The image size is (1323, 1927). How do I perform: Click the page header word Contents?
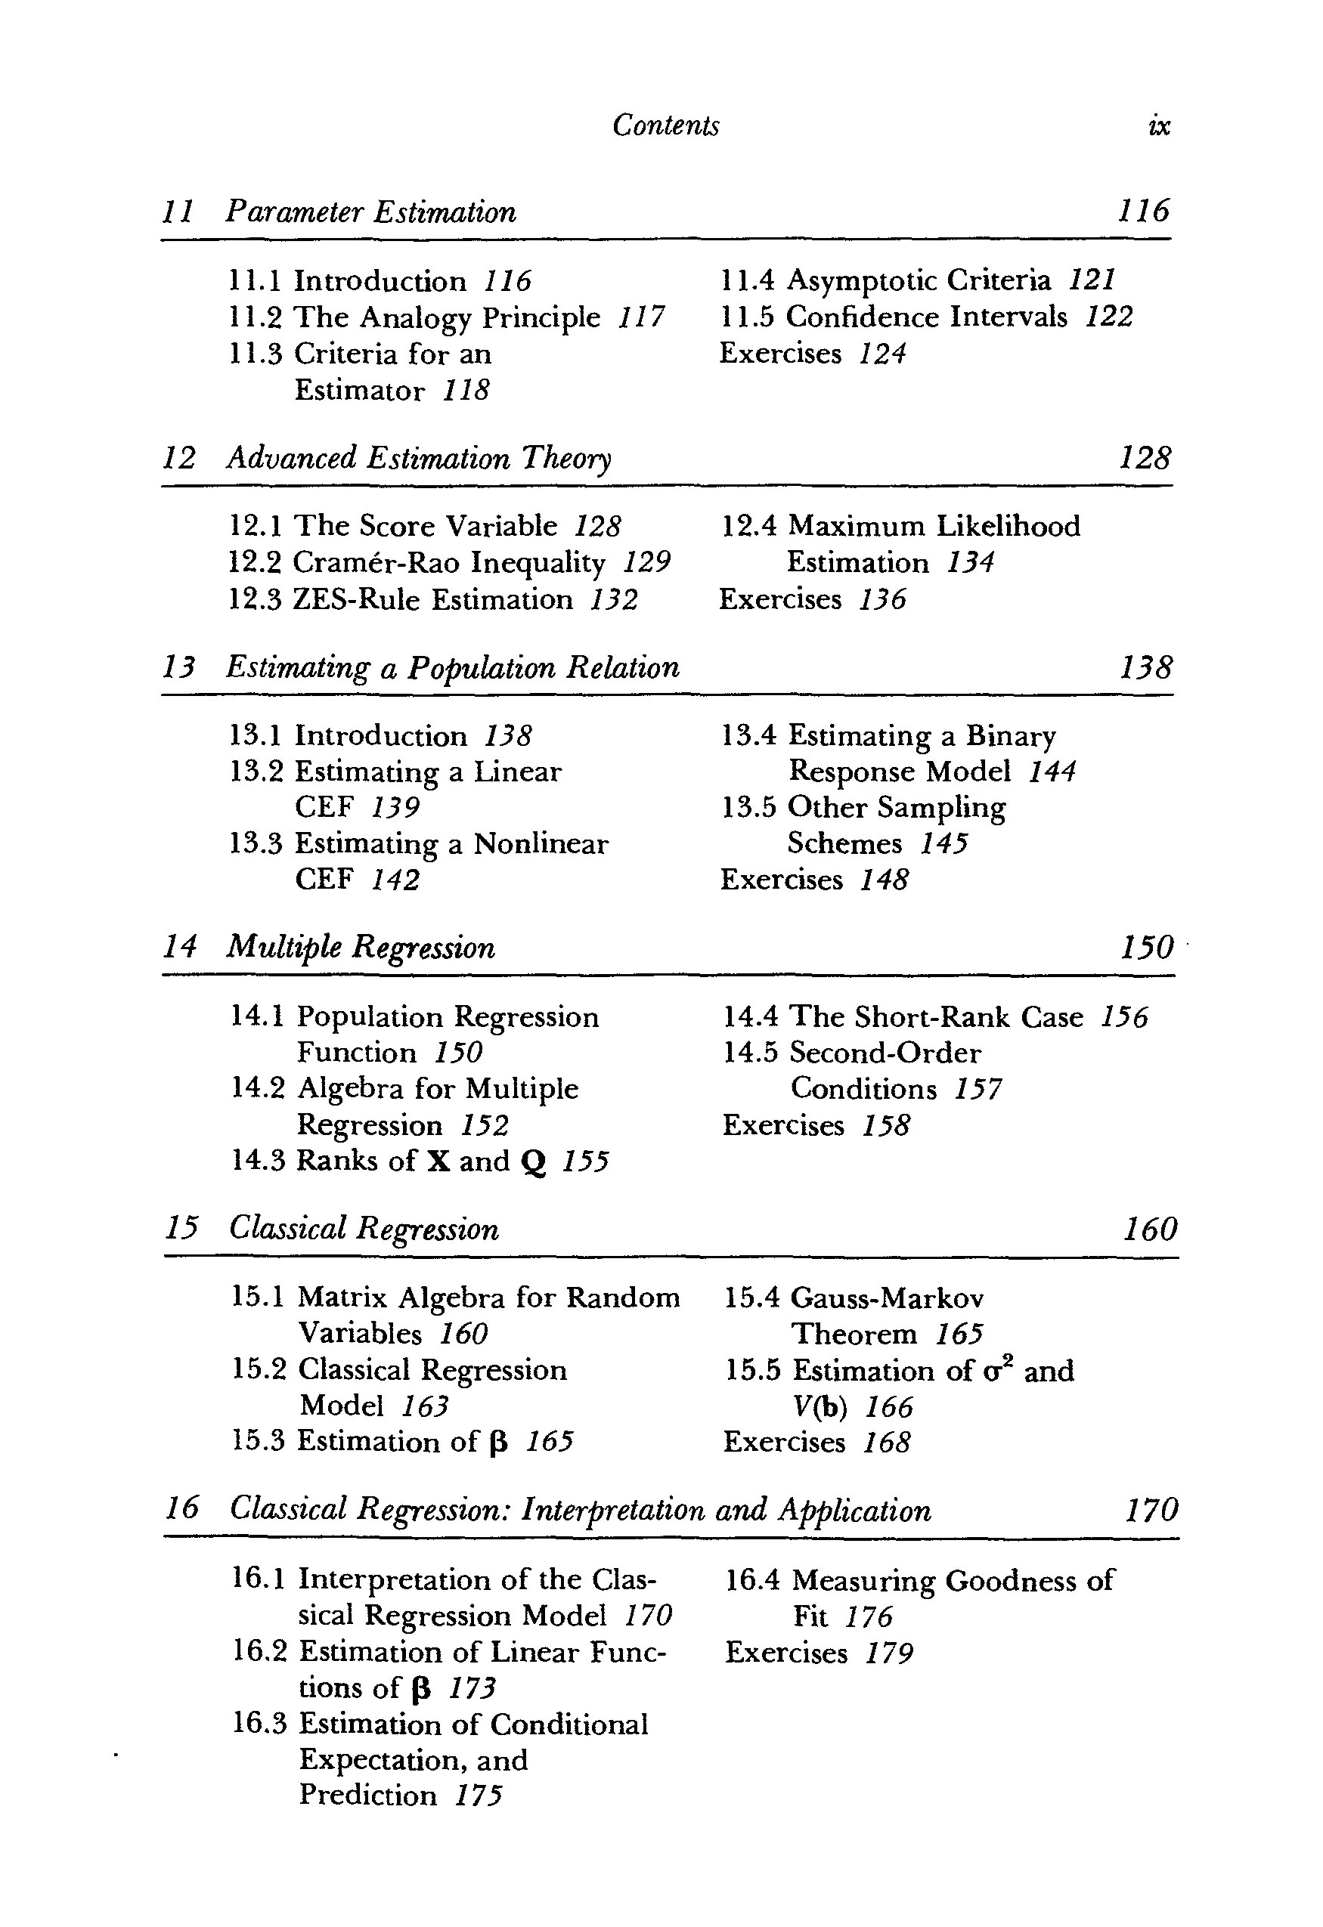(665, 125)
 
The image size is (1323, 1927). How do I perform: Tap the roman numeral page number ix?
(1159, 126)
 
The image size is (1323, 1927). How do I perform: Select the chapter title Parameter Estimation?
(370, 212)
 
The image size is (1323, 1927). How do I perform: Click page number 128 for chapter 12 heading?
(1144, 457)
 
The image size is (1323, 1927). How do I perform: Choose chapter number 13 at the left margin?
(178, 667)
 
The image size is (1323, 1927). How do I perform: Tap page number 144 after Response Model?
(1051, 772)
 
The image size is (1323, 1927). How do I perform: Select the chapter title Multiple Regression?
(361, 947)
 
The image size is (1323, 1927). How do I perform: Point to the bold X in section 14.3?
(438, 1161)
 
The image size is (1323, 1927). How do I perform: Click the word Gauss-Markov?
(887, 1298)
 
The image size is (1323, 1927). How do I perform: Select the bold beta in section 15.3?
(498, 1443)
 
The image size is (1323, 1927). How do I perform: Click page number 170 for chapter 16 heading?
(1151, 1510)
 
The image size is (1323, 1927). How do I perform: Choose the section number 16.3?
(259, 1724)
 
